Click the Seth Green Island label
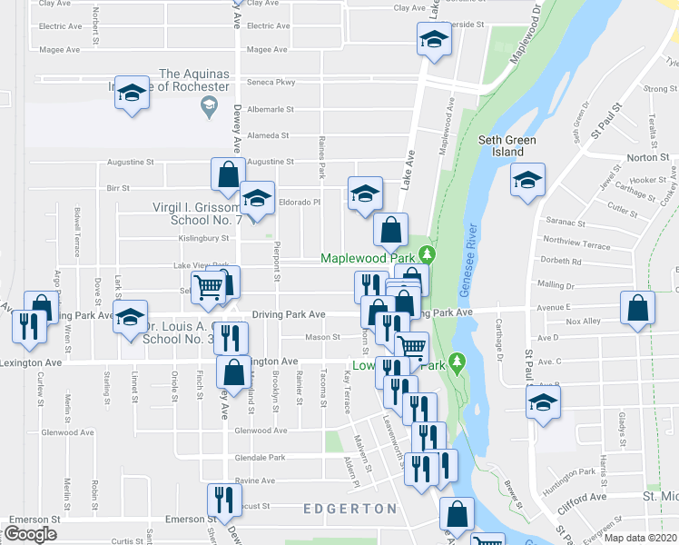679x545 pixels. click(x=507, y=146)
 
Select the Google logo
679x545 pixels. click(x=30, y=534)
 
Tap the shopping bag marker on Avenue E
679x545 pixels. click(x=638, y=309)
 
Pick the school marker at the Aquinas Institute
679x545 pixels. click(x=133, y=94)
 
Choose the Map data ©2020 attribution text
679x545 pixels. click(x=640, y=537)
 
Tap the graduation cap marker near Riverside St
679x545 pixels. click(x=434, y=39)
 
